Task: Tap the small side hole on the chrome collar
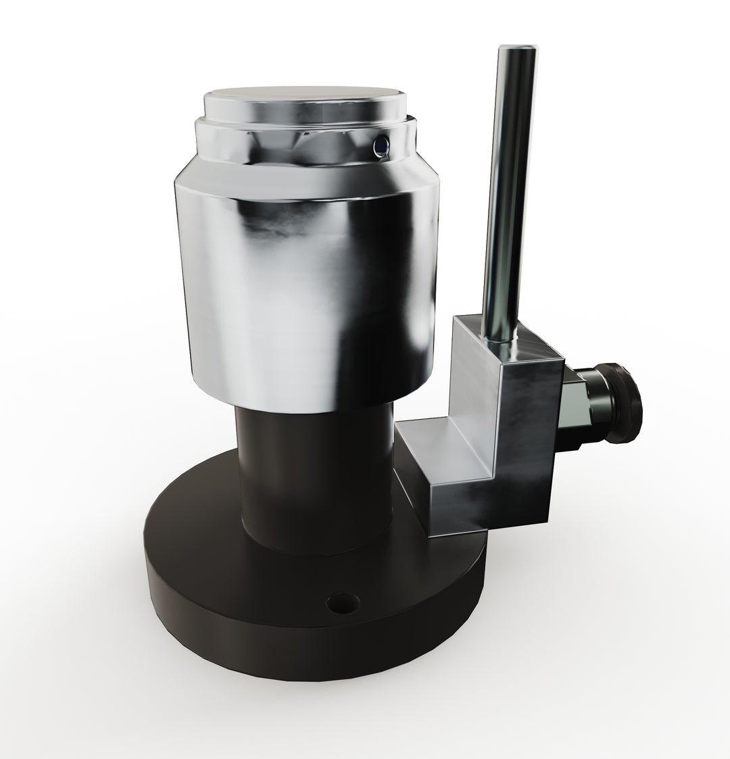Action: coord(382,143)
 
